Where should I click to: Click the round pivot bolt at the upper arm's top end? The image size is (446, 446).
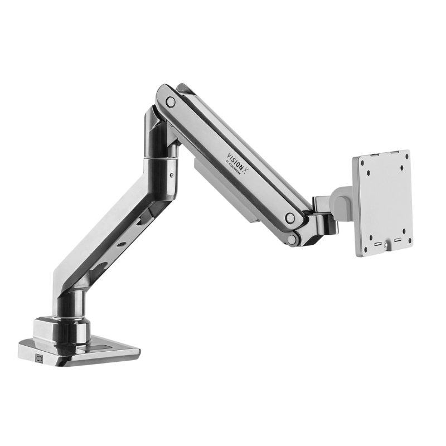tap(170, 101)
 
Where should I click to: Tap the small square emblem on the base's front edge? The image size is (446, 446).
tap(38, 358)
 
